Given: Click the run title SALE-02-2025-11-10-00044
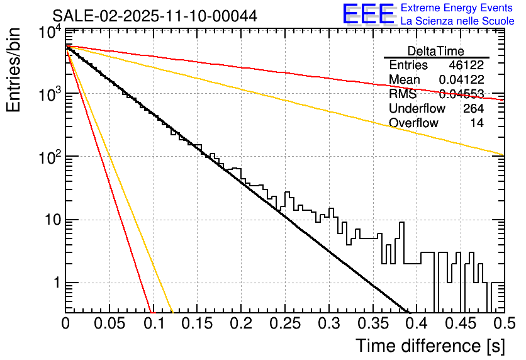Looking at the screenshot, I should (x=155, y=16).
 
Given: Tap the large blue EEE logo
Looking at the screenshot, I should (x=368, y=14).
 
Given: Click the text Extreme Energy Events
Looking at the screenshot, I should (x=457, y=8).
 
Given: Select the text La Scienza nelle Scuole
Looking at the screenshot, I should (x=457, y=21).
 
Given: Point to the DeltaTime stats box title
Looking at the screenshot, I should (x=436, y=51).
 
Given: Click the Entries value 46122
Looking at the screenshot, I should (x=466, y=65).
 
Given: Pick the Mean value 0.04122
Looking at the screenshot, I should (x=461, y=80).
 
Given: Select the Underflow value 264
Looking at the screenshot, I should (x=473, y=109).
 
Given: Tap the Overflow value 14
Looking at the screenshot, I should (x=477, y=123).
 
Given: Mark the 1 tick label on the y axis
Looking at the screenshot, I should (x=56, y=283).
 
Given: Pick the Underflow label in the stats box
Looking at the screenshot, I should (x=417, y=109).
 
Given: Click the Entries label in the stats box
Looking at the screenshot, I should (x=408, y=65).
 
